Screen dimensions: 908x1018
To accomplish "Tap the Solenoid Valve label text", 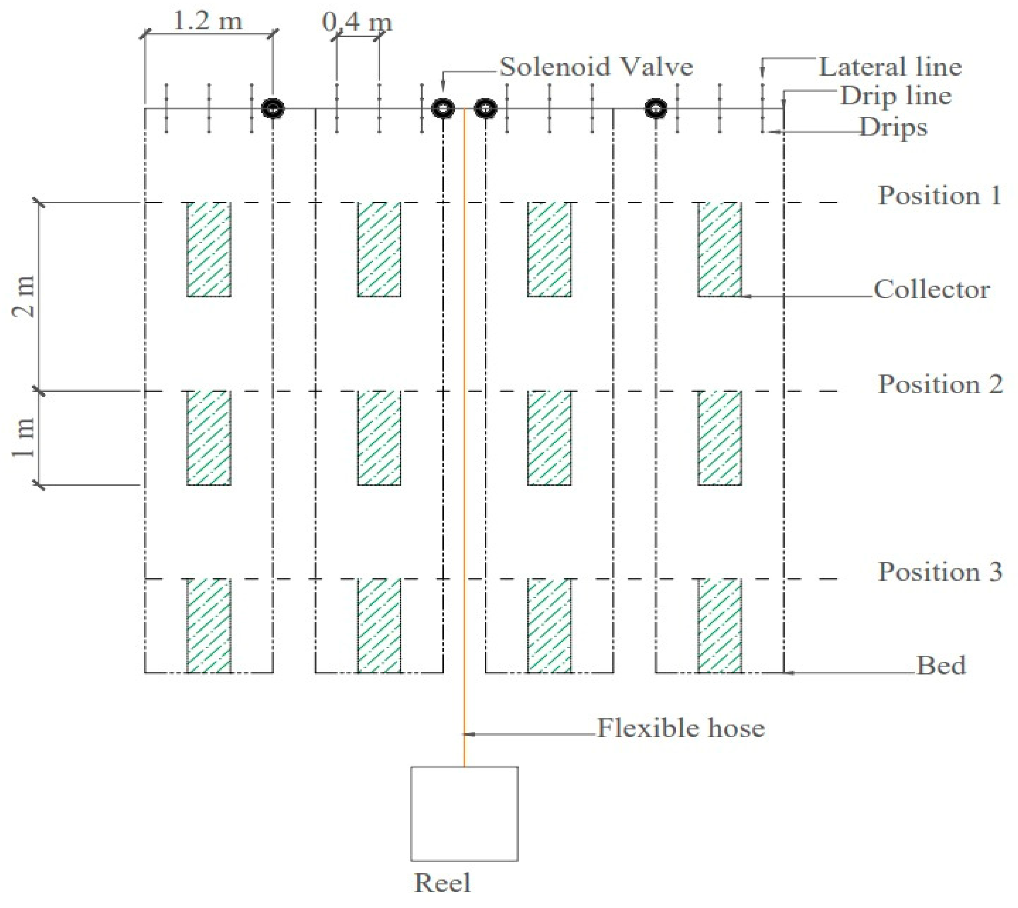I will (x=596, y=67).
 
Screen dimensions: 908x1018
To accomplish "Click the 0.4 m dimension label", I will (x=357, y=22).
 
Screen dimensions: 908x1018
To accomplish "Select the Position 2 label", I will (x=940, y=384).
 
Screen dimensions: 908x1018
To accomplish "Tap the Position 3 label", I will (x=940, y=572).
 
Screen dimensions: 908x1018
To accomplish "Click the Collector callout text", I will (x=931, y=289).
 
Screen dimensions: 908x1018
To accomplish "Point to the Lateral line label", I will (x=890, y=67).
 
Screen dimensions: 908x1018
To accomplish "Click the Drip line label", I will (x=895, y=96).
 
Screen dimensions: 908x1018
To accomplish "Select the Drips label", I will (x=893, y=128).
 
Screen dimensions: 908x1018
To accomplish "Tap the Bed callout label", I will (x=941, y=665).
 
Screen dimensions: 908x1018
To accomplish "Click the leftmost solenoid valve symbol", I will (x=273, y=108).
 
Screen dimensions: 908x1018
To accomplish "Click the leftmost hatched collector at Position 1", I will (x=209, y=249).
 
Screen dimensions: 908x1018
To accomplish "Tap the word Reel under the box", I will (x=442, y=883).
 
